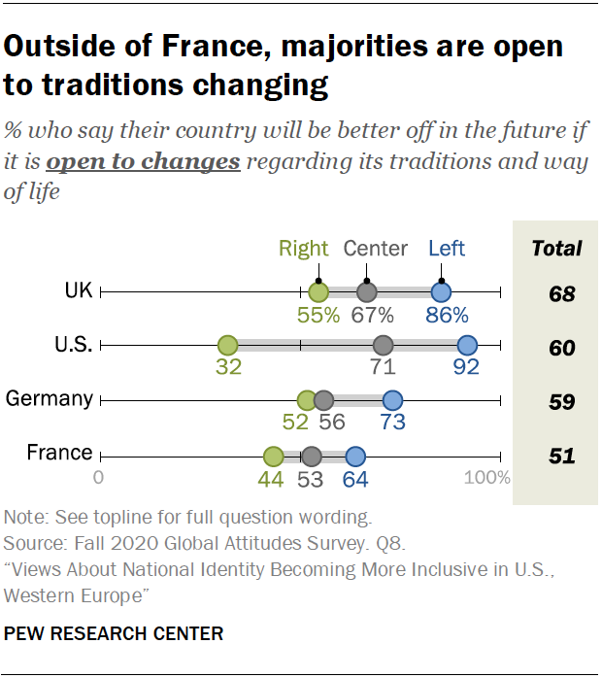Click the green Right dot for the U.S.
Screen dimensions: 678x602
227,345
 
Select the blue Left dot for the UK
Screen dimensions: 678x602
441,291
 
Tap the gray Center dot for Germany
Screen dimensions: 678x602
324,399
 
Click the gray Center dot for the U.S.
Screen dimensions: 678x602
383,345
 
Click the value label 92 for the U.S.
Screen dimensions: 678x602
466,368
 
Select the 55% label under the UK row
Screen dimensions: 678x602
318,315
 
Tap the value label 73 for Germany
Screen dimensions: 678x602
392,423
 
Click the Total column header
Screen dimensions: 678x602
556,249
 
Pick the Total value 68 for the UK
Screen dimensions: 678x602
561,293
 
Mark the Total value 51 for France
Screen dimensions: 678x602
561,456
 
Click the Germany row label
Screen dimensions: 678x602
50,398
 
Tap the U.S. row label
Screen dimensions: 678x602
72,344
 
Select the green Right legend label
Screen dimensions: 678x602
303,249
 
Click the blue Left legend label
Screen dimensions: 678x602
447,249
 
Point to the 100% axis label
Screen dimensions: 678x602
487,478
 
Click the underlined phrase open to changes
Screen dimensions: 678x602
143,161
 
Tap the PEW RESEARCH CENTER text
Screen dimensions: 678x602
114,634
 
